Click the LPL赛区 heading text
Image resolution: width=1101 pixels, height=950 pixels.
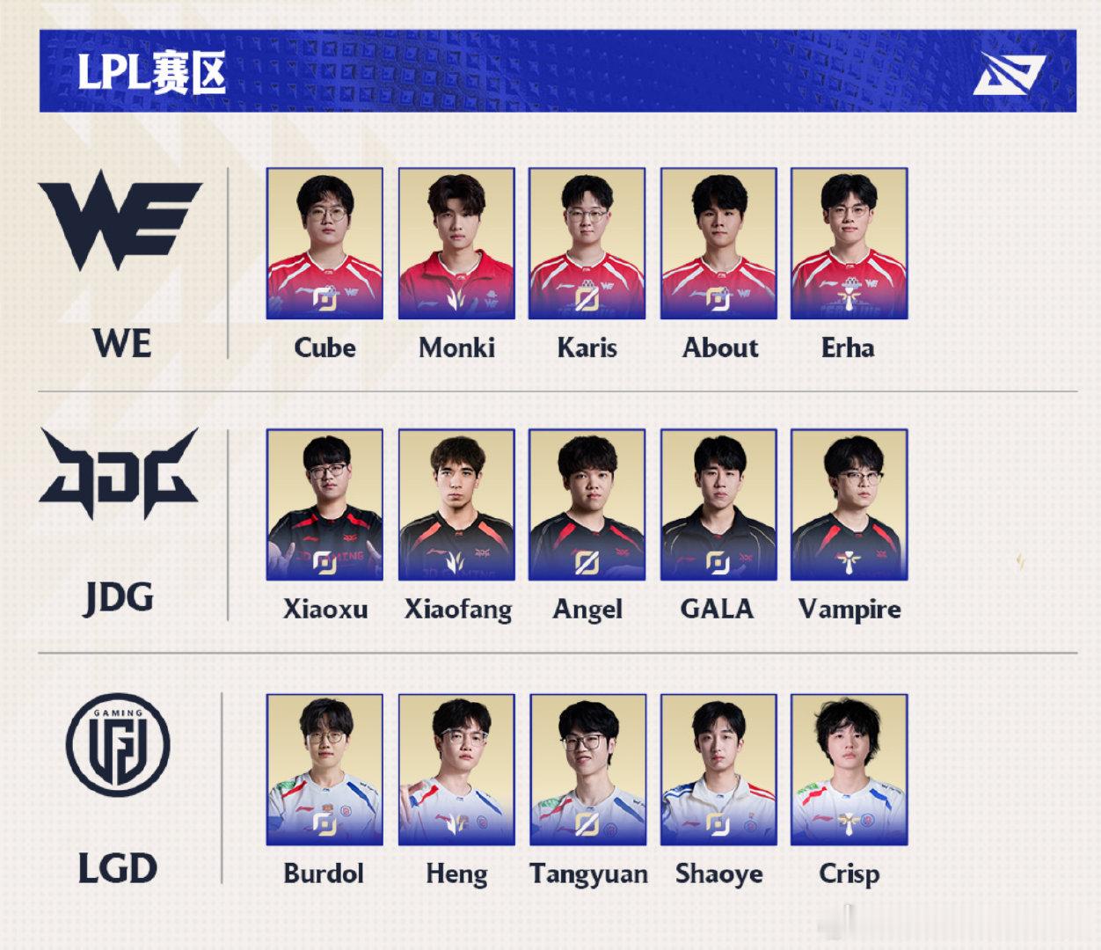coord(152,72)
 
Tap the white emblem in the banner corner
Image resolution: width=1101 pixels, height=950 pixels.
coord(1009,74)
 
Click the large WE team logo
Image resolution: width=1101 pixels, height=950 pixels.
coord(120,221)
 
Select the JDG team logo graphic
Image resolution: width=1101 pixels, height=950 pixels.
coord(119,472)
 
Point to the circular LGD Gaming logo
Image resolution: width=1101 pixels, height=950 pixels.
coord(118,745)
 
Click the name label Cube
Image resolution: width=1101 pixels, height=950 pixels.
coord(324,348)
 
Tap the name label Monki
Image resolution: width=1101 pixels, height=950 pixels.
coord(457,348)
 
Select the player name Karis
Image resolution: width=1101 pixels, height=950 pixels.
coord(587,348)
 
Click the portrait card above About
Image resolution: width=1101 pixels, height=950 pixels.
coord(718,244)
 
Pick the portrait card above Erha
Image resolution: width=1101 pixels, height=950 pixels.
coord(849,244)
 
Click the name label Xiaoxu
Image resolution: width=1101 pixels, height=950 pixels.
coord(324,609)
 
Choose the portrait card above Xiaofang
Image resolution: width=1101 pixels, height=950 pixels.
coord(456,505)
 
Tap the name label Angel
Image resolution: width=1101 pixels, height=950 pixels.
coord(587,610)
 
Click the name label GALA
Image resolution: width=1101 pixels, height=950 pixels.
coord(718,609)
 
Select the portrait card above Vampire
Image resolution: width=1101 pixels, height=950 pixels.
coord(849,505)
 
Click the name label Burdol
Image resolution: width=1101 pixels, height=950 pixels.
coord(324,873)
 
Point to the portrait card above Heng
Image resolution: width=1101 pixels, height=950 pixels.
coord(456,770)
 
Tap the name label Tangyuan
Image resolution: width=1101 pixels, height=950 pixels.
coord(588,874)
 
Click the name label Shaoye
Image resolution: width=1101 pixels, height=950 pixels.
coord(718,874)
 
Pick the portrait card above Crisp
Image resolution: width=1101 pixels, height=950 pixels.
coord(849,770)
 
